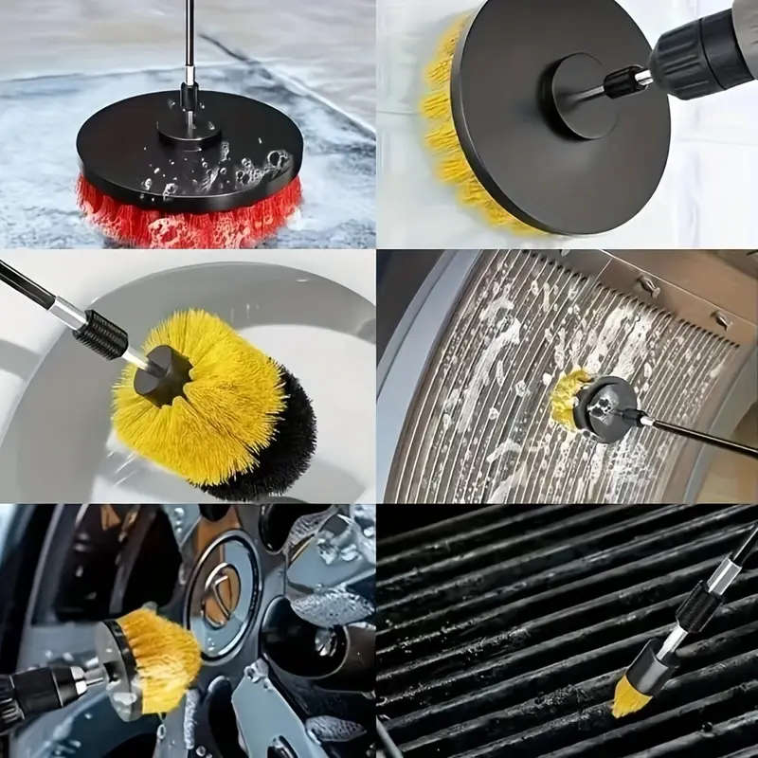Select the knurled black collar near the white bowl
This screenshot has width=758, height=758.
[x=99, y=333]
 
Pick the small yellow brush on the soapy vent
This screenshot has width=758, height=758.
[x=568, y=398]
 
